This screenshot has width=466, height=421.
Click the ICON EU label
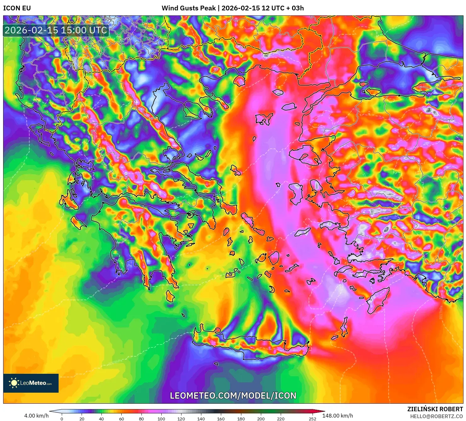click(17, 8)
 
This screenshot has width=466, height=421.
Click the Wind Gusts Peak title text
click(233, 8)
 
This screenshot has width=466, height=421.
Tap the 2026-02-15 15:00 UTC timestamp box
click(56, 30)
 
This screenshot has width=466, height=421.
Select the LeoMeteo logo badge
click(31, 383)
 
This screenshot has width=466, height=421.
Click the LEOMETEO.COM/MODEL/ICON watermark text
click(233, 396)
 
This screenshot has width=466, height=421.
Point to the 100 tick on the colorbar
click(161, 419)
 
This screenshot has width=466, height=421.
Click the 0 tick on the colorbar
click(62, 419)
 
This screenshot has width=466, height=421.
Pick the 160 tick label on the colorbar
click(221, 419)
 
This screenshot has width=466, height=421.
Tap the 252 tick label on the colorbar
click(312, 419)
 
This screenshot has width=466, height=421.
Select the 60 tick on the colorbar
click(122, 419)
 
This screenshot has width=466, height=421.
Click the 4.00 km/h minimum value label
click(37, 416)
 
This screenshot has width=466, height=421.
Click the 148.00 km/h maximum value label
click(337, 416)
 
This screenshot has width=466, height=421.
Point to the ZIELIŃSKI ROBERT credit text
click(435, 409)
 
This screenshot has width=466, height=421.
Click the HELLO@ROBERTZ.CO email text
click(436, 416)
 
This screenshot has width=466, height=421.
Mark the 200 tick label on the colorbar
click(261, 419)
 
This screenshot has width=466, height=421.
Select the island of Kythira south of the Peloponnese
click(170, 296)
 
